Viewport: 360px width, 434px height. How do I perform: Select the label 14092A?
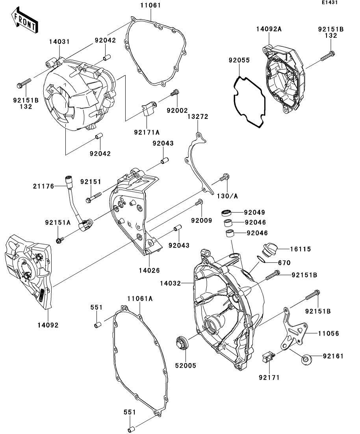(269, 29)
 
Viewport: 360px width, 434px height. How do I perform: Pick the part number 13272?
(198, 117)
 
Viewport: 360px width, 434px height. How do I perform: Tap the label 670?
(284, 263)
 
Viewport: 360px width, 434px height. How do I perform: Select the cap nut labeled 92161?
(306, 359)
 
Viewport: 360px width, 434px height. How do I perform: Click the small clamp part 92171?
(268, 358)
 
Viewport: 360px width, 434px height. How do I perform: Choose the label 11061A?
(139, 299)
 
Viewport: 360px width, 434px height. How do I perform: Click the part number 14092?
(47, 325)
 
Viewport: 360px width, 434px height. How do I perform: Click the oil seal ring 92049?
(226, 213)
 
